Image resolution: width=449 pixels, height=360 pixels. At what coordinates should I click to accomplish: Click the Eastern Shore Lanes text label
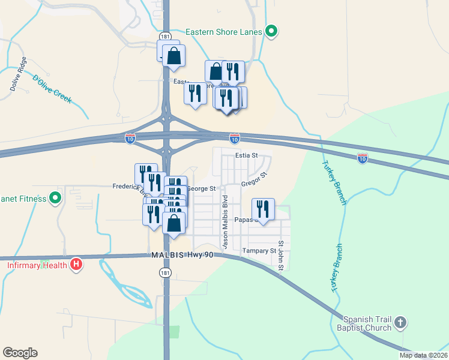[x=224, y=32]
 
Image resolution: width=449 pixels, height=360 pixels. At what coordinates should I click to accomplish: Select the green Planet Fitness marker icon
[x=55, y=197]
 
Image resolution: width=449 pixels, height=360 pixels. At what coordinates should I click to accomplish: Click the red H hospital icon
[x=76, y=264]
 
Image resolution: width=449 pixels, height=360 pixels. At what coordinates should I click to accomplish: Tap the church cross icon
[x=401, y=323]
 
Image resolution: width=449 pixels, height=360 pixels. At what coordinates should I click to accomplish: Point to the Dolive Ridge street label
[x=18, y=74]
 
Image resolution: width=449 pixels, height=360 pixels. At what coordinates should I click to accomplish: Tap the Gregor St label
[x=253, y=179]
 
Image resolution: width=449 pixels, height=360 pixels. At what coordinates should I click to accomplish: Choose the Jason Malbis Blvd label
[x=225, y=222]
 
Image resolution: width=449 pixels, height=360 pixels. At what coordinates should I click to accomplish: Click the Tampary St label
[x=259, y=251]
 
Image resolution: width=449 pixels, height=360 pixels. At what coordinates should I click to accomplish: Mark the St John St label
[x=280, y=257]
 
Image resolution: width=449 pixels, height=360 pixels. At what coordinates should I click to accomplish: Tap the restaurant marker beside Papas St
[x=263, y=209]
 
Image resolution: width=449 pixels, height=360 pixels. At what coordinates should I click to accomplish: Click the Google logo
[x=20, y=353]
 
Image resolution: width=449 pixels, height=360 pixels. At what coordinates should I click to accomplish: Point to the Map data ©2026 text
[x=423, y=355]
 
